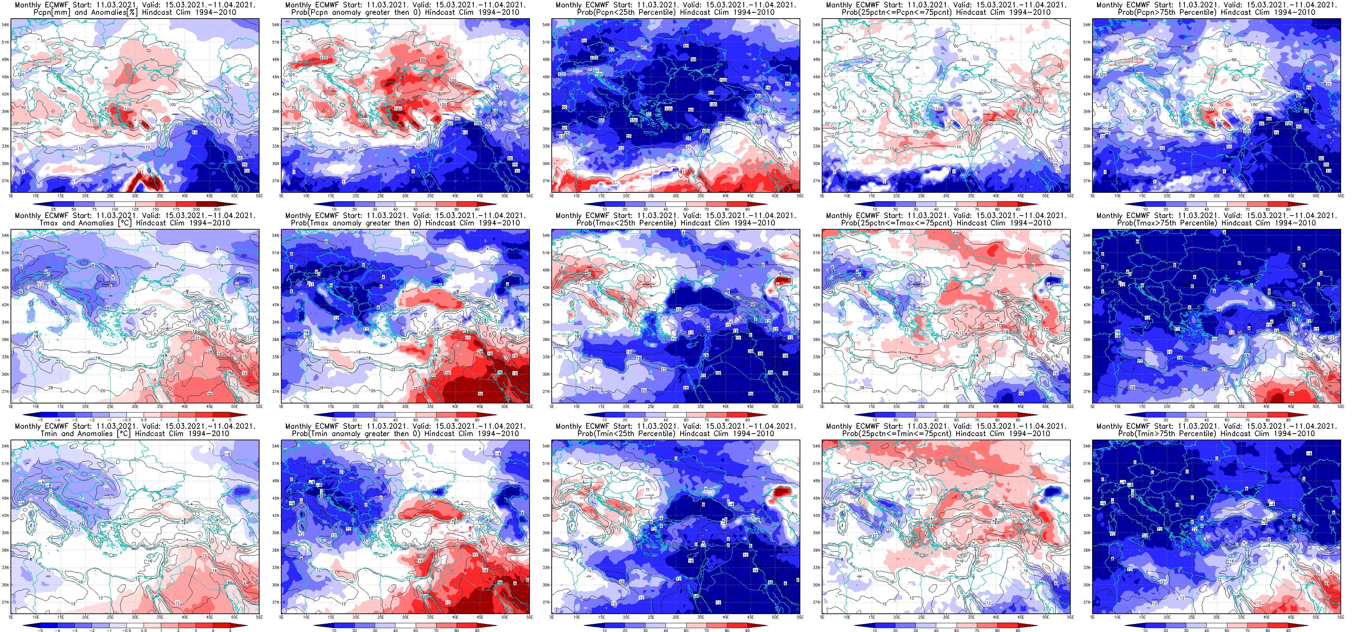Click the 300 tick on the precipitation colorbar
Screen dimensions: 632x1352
click(217, 209)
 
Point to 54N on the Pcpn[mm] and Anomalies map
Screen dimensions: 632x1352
click(5, 25)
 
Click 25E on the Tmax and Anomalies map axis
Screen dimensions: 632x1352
click(110, 406)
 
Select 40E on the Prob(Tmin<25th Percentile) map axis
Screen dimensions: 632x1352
click(725, 617)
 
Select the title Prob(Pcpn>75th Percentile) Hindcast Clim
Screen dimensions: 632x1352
click(1216, 12)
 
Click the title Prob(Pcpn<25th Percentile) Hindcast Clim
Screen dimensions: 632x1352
click(676, 12)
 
